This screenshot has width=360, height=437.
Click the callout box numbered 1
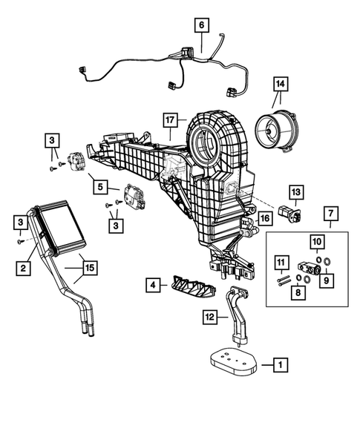280,364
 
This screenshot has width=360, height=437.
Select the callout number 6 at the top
200,25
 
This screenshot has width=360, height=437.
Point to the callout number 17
170,119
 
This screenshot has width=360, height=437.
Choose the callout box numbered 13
295,192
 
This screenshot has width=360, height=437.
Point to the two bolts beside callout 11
282,279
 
